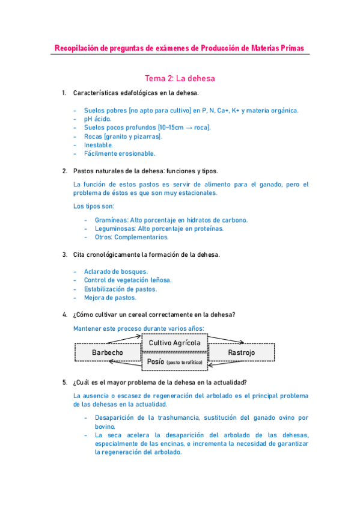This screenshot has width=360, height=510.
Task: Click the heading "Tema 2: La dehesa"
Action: tap(180, 78)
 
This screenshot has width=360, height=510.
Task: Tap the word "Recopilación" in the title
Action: tap(76, 48)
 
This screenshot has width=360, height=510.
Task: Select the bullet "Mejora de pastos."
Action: tap(110, 297)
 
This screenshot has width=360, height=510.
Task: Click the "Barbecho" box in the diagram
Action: tap(108, 352)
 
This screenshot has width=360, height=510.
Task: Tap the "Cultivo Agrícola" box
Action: tap(174, 343)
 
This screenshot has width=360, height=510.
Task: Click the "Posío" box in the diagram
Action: tap(174, 362)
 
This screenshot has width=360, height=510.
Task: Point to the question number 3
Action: tap(64, 254)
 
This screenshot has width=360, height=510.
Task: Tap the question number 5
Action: tap(64, 382)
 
